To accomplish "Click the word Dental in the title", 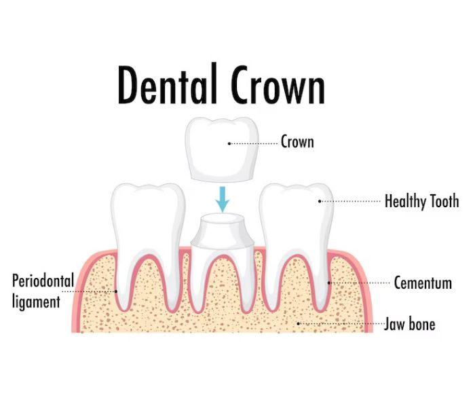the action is [168, 84].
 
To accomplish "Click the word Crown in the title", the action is [278, 85].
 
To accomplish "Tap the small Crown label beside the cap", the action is [297, 142].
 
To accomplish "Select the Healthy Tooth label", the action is [421, 201].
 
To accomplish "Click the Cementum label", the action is [423, 283].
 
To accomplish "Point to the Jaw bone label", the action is [410, 323].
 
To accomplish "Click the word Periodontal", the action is [43, 281].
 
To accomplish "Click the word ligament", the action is [36, 302].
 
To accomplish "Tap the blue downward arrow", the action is [223, 199].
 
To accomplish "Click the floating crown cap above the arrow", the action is [222, 149].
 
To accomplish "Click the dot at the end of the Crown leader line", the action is [229, 143].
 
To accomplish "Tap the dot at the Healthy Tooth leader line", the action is [320, 201].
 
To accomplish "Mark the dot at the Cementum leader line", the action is [329, 283].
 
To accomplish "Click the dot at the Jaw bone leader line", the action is [298, 323].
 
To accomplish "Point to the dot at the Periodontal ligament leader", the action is [116, 291].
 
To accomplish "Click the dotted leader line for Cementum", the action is [359, 283].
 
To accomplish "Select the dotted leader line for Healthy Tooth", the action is [350, 201].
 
